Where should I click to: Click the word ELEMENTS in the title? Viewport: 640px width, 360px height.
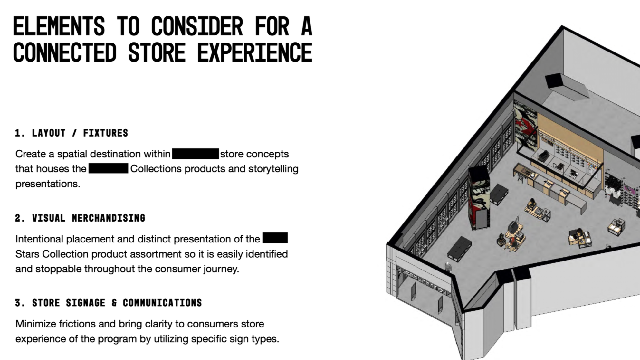[x=59, y=26]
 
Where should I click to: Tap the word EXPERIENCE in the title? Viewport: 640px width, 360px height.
[x=254, y=53]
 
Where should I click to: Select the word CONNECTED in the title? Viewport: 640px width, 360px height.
[x=64, y=53]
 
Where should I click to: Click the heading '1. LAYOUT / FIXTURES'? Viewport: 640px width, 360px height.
[x=72, y=133]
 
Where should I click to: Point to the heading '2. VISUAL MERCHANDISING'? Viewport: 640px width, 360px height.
[x=80, y=218]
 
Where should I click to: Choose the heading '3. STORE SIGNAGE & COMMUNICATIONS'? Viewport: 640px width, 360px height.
[x=109, y=303]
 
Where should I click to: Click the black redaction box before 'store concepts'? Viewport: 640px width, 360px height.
[x=195, y=154]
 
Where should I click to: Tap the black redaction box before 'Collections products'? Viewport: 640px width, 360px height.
[x=108, y=168]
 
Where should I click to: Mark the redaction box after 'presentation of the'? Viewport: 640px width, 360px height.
[x=275, y=238]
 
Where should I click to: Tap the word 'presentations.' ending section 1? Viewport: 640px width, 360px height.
[x=48, y=184]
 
